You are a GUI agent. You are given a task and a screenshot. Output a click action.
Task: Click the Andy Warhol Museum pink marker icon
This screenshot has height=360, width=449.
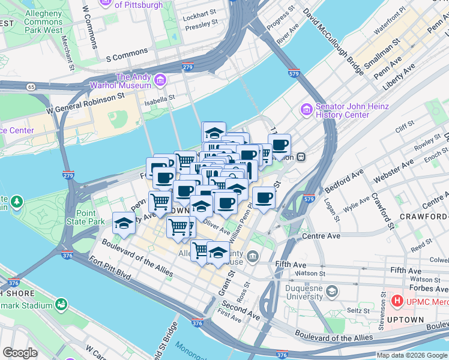[x=160, y=80]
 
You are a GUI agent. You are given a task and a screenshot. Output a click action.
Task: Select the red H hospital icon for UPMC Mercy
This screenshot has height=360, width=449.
[x=397, y=299]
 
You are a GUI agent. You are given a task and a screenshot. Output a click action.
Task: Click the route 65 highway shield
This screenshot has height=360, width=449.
[x=30, y=87]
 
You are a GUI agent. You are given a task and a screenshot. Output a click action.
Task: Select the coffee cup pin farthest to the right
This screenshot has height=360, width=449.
[x=279, y=145]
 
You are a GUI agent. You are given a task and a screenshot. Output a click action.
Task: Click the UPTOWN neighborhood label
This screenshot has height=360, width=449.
[x=406, y=319]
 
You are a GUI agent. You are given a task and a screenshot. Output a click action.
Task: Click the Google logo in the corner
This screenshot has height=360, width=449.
[x=20, y=353]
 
